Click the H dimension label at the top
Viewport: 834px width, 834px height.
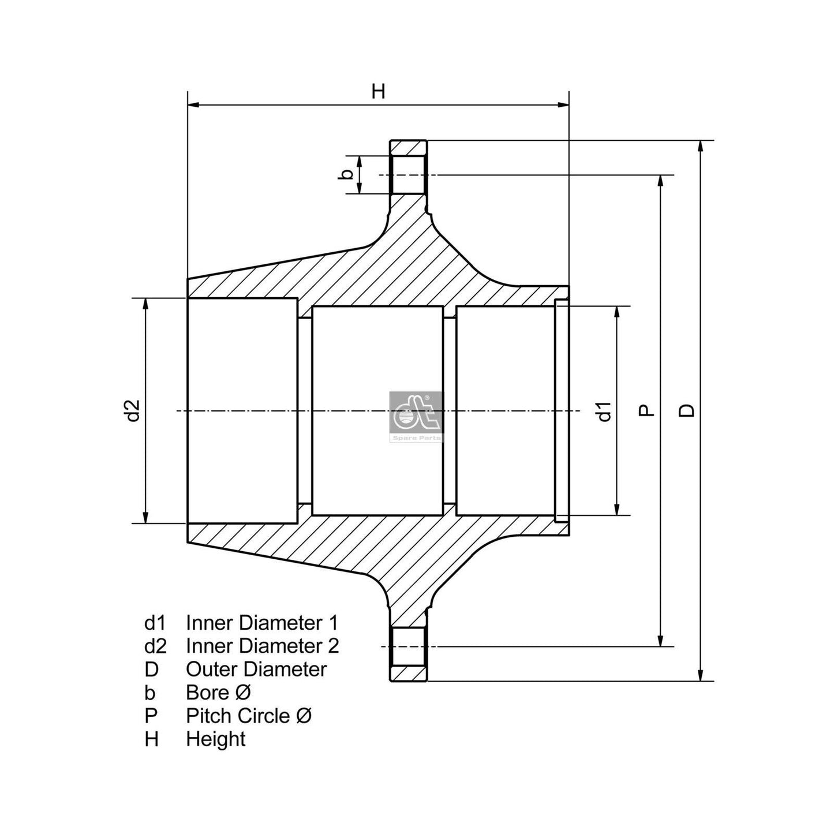click(x=378, y=91)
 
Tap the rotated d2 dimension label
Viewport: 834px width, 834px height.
click(x=133, y=410)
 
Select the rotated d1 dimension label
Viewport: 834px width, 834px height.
click(x=604, y=411)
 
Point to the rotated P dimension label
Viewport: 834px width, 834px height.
click(x=647, y=410)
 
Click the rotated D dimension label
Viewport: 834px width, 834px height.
click(x=686, y=410)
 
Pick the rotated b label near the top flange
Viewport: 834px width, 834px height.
click(x=345, y=174)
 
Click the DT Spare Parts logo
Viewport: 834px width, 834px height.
click(x=416, y=416)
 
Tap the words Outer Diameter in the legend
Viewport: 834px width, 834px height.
click(x=256, y=670)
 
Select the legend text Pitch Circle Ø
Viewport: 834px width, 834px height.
click(x=249, y=716)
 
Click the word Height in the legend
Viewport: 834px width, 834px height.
click(x=215, y=739)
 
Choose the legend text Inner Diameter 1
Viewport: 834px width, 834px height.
click(x=262, y=623)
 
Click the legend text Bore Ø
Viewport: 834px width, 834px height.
click(x=218, y=693)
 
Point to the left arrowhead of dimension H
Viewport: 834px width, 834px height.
click(x=193, y=105)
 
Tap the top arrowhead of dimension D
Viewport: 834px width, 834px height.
click(x=701, y=145)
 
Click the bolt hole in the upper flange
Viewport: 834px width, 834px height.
click(x=409, y=175)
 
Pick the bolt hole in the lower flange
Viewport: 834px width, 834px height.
click(x=409, y=646)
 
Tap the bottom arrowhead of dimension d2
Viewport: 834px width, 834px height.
click(x=146, y=518)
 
